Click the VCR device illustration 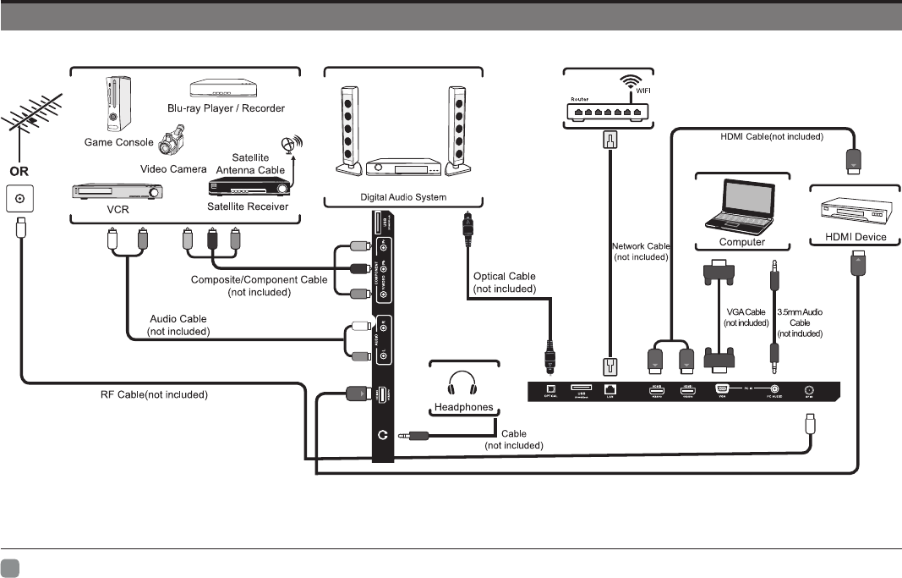[x=115, y=192]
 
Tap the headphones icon [x=462, y=383]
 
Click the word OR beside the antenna [x=19, y=171]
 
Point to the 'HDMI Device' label [x=856, y=237]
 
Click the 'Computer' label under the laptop [x=741, y=242]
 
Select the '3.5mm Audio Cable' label [x=800, y=322]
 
